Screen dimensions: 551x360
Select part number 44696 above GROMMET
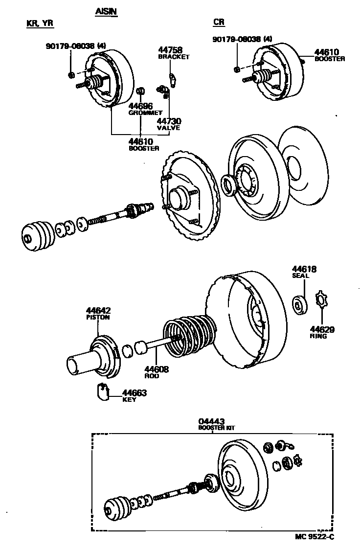coord(140,106)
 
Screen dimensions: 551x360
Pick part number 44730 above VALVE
coord(169,121)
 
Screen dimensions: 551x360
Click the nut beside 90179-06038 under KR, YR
coord(71,74)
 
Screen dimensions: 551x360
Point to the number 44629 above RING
coord(322,329)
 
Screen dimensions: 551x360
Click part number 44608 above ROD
coord(156,369)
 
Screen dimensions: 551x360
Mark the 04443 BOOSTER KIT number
coord(211,421)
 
